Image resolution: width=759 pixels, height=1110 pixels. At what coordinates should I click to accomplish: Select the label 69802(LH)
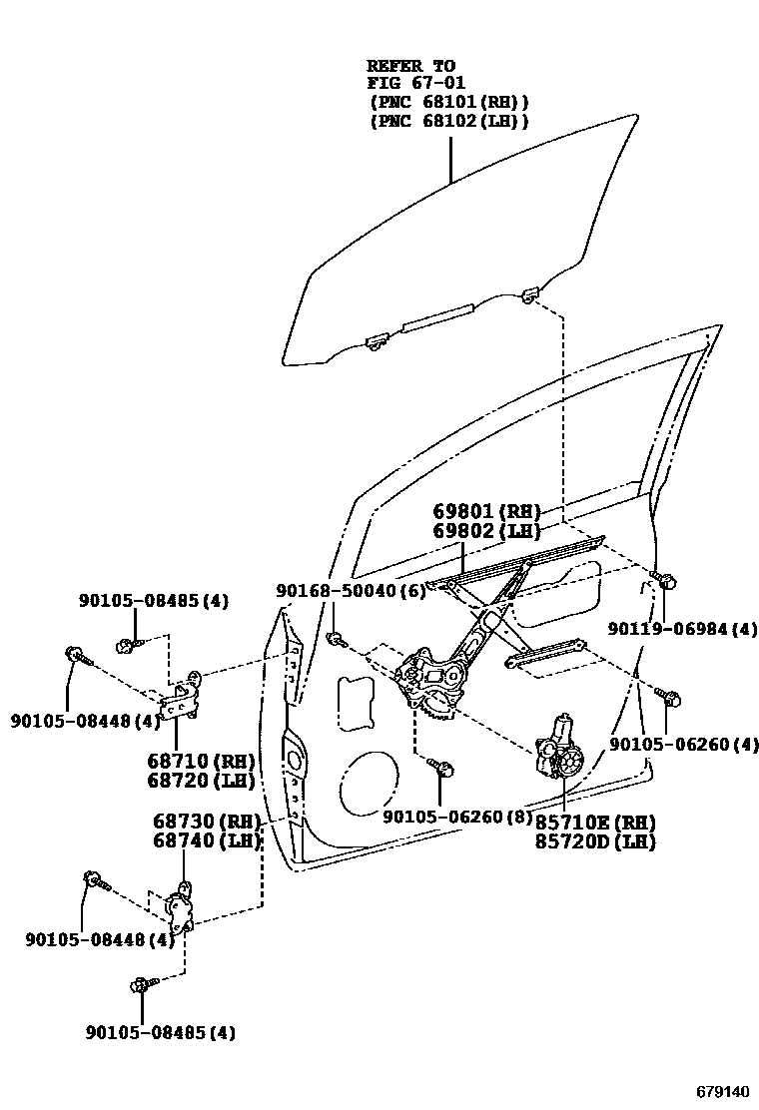[x=486, y=531]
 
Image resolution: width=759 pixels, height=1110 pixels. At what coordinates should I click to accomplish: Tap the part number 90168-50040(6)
[x=351, y=591]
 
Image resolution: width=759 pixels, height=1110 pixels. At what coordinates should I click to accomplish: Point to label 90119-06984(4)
[x=683, y=629]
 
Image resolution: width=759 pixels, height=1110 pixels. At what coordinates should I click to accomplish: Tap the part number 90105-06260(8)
[x=458, y=816]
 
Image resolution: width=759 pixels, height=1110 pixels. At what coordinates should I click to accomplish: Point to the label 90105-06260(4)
[x=683, y=744]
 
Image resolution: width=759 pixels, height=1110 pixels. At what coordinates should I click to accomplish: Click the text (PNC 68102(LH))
[x=448, y=120]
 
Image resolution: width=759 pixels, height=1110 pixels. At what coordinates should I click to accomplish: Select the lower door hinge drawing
[x=181, y=908]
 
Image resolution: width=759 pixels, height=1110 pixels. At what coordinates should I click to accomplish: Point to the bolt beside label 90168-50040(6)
[x=337, y=638]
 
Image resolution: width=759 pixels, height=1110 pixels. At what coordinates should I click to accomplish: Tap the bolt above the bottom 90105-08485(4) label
[x=141, y=986]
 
